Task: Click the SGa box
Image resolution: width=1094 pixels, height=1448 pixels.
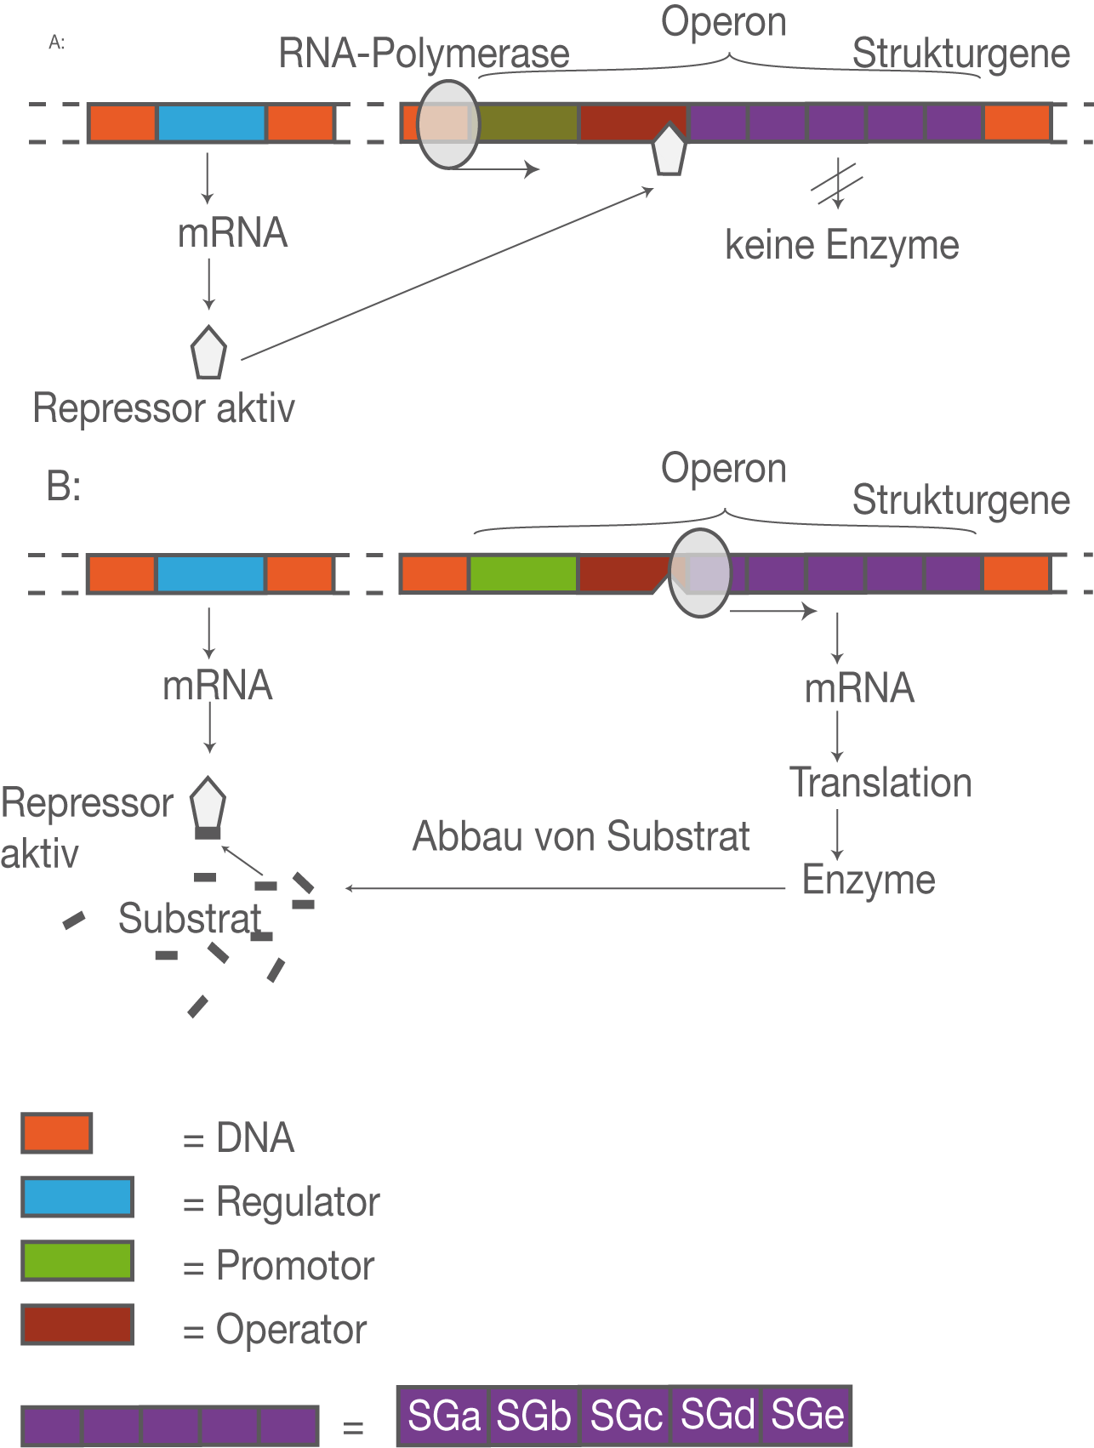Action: click(444, 1416)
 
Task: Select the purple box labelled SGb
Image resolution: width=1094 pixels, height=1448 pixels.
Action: click(533, 1416)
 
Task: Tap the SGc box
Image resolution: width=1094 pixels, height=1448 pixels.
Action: click(626, 1416)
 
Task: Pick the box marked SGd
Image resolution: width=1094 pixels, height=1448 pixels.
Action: click(718, 1414)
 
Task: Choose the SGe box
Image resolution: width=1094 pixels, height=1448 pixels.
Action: click(806, 1414)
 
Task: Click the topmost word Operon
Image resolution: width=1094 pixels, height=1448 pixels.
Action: click(723, 21)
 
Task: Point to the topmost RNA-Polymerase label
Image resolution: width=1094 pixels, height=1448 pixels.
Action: click(424, 54)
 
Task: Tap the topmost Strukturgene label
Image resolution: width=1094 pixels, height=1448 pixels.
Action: click(961, 54)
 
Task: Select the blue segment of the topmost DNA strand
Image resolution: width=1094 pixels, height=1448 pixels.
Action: click(211, 123)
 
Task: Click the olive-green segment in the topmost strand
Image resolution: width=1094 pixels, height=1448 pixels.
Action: click(527, 123)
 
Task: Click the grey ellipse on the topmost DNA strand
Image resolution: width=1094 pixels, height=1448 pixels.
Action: click(447, 125)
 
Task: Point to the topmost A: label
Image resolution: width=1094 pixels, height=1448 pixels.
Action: click(56, 43)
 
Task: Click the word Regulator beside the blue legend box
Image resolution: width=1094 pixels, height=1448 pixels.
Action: click(298, 1202)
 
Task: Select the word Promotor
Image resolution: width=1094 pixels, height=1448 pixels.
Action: click(298, 1267)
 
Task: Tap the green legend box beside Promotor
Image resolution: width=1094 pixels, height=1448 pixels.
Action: click(77, 1260)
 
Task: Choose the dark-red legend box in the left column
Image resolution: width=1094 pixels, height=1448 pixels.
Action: click(77, 1324)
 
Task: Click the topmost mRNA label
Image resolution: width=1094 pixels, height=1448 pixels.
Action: click(232, 233)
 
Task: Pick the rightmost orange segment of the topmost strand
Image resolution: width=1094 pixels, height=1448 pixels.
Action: click(1017, 123)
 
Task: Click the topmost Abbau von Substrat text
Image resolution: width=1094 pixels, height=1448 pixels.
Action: click(581, 837)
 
